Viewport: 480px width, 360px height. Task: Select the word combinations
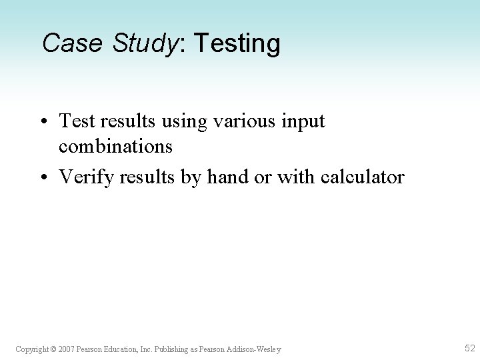[x=116, y=146]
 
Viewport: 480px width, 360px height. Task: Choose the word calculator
[x=362, y=177]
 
